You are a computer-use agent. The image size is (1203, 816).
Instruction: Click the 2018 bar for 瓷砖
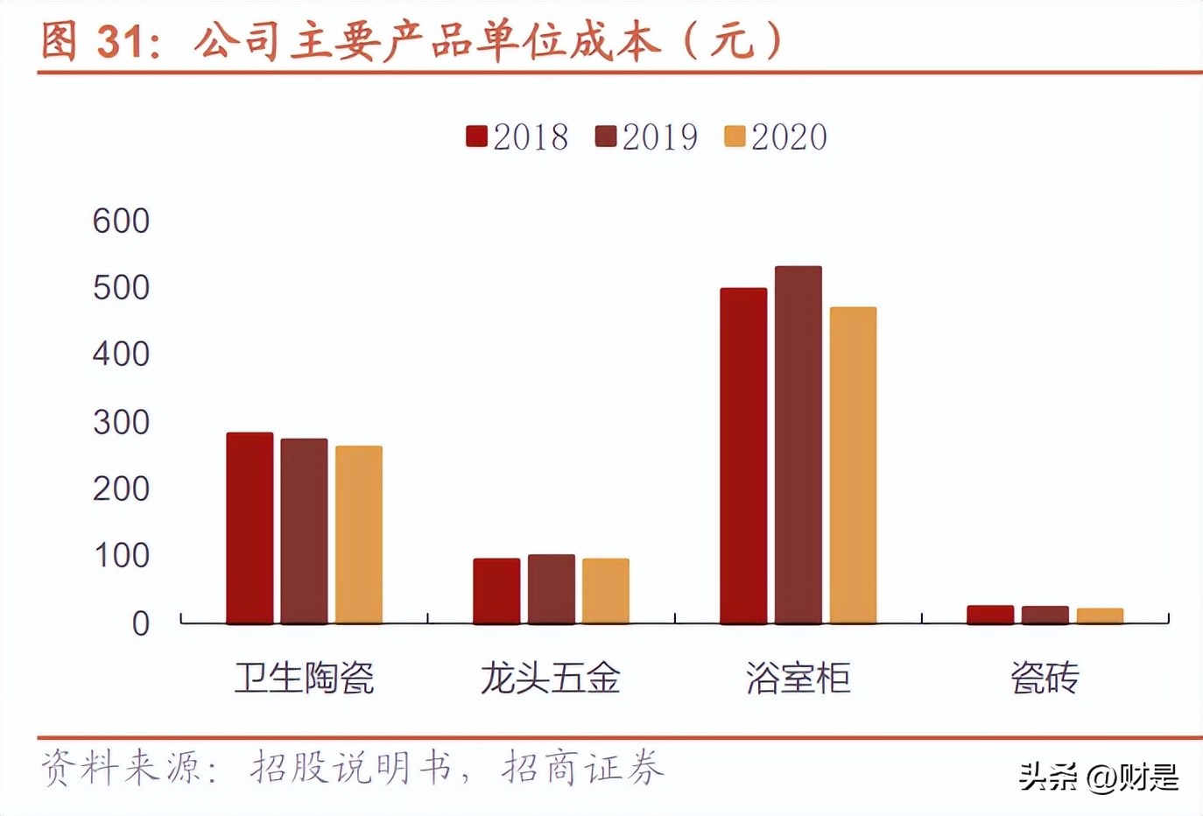pyautogui.click(x=990, y=614)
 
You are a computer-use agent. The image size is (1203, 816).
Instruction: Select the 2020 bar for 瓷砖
pyautogui.click(x=1100, y=616)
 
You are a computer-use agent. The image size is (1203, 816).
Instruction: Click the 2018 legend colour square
pyautogui.click(x=476, y=137)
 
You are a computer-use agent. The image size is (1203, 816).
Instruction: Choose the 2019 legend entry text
pyautogui.click(x=659, y=137)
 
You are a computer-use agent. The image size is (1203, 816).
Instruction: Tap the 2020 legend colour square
pyautogui.click(x=735, y=137)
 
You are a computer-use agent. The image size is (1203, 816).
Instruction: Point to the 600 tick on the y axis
pyautogui.click(x=121, y=221)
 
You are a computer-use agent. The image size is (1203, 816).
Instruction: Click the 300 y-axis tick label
pyautogui.click(x=121, y=422)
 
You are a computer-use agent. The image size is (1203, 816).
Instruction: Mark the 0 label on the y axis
pyautogui.click(x=140, y=623)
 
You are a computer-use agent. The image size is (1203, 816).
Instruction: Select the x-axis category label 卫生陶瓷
pyautogui.click(x=304, y=678)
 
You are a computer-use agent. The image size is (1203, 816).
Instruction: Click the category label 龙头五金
pyautogui.click(x=551, y=678)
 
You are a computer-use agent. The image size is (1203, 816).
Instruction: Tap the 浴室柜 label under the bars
pyautogui.click(x=798, y=678)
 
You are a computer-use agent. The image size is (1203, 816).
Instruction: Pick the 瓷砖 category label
pyautogui.click(x=1045, y=678)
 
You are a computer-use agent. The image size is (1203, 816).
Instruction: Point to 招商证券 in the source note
pyautogui.click(x=582, y=768)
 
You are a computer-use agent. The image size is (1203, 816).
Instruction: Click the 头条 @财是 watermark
pyautogui.click(x=1098, y=776)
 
